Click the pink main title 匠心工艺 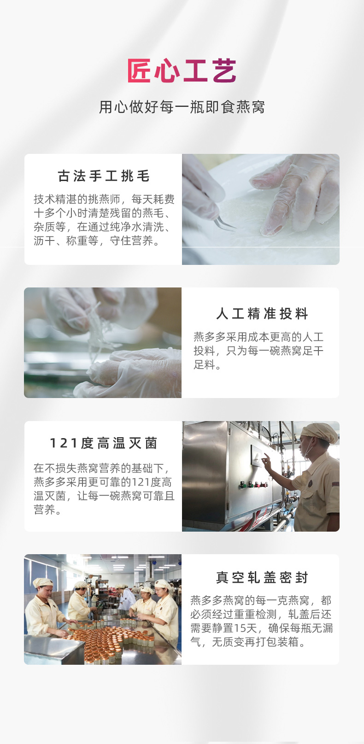[x=182, y=70]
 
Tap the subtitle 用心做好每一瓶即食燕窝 [x=182, y=107]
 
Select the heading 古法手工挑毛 [x=104, y=176]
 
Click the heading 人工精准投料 [x=262, y=314]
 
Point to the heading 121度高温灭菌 [x=103, y=443]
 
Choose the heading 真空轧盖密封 [x=262, y=578]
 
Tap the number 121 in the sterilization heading [x=64, y=443]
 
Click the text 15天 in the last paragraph [x=245, y=628]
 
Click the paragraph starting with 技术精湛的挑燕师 [x=104, y=220]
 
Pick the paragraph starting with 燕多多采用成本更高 [x=258, y=351]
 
